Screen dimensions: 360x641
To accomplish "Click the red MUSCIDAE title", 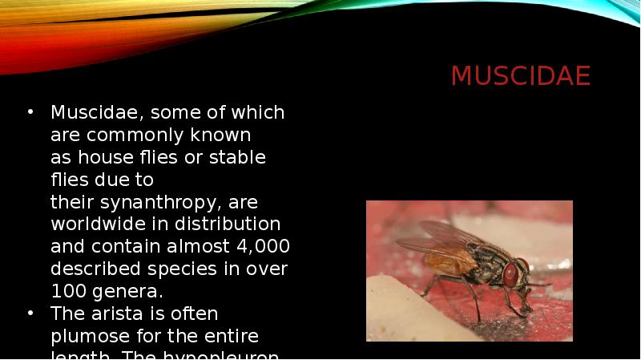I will [x=520, y=76].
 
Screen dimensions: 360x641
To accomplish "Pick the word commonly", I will [x=129, y=136].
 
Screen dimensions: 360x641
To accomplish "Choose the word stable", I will [x=237, y=157].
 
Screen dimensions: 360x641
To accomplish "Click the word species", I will [x=185, y=269].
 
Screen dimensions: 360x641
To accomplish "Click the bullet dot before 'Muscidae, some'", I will [x=30, y=112].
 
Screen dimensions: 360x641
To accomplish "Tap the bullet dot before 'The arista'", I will [x=30, y=313].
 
